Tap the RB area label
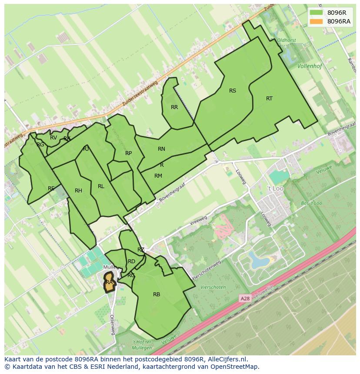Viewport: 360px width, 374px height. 157,295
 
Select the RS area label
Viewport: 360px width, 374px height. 233,91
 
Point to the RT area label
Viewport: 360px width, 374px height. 269,99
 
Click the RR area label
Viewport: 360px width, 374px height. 174,107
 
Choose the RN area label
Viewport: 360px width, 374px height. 161,149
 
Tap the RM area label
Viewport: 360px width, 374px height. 158,176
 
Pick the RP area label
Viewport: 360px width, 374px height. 128,153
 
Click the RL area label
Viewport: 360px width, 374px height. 101,186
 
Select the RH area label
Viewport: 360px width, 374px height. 78,191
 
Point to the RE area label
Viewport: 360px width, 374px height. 51,189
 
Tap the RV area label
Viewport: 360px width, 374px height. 53,138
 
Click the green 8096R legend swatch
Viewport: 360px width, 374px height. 316,13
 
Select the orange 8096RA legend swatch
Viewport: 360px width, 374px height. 316,22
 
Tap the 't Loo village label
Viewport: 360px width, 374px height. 275,189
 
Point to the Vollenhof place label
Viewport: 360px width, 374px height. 310,66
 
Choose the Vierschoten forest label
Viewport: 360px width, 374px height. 213,287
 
